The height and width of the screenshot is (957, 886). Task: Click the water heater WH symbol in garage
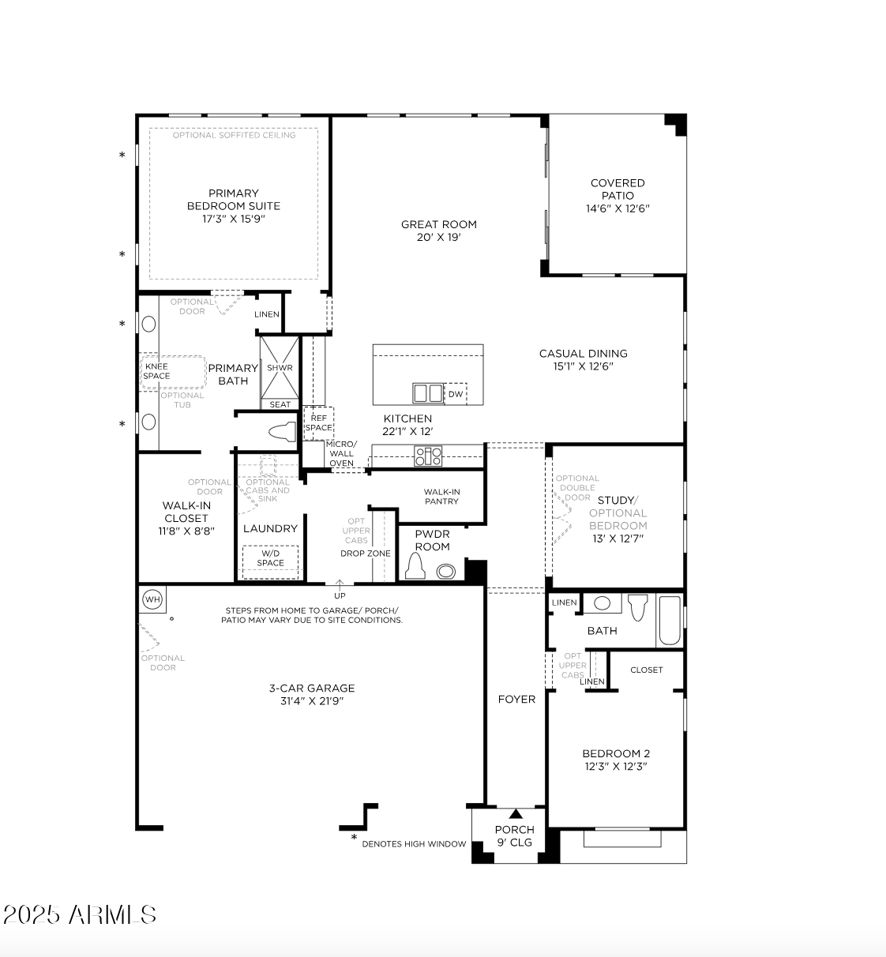[x=152, y=600]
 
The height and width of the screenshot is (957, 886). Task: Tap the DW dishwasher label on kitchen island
[x=456, y=394]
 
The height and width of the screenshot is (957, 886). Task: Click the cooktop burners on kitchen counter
[x=429, y=456]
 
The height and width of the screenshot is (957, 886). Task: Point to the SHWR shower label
[x=280, y=368]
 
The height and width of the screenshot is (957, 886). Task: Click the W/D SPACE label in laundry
[x=270, y=558]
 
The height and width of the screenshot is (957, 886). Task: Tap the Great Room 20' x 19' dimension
[x=438, y=237]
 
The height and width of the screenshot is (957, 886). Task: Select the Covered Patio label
[x=618, y=189]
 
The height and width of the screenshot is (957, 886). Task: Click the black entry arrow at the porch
[x=516, y=814]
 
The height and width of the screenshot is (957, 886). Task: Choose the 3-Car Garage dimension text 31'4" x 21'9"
[x=312, y=701]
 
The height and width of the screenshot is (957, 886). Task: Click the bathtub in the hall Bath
[x=669, y=620]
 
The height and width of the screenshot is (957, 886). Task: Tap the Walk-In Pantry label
[x=441, y=497]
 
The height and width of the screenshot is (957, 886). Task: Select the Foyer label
[x=516, y=699]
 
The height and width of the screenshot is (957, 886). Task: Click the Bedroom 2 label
[x=616, y=753]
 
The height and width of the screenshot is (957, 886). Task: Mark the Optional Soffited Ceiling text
[x=234, y=135]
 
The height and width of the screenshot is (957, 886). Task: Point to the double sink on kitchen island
[x=428, y=392]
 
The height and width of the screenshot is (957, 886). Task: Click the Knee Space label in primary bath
[x=156, y=371]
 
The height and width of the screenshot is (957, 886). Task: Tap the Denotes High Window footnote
[x=414, y=844]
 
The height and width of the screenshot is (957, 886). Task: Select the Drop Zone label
[x=366, y=554]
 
